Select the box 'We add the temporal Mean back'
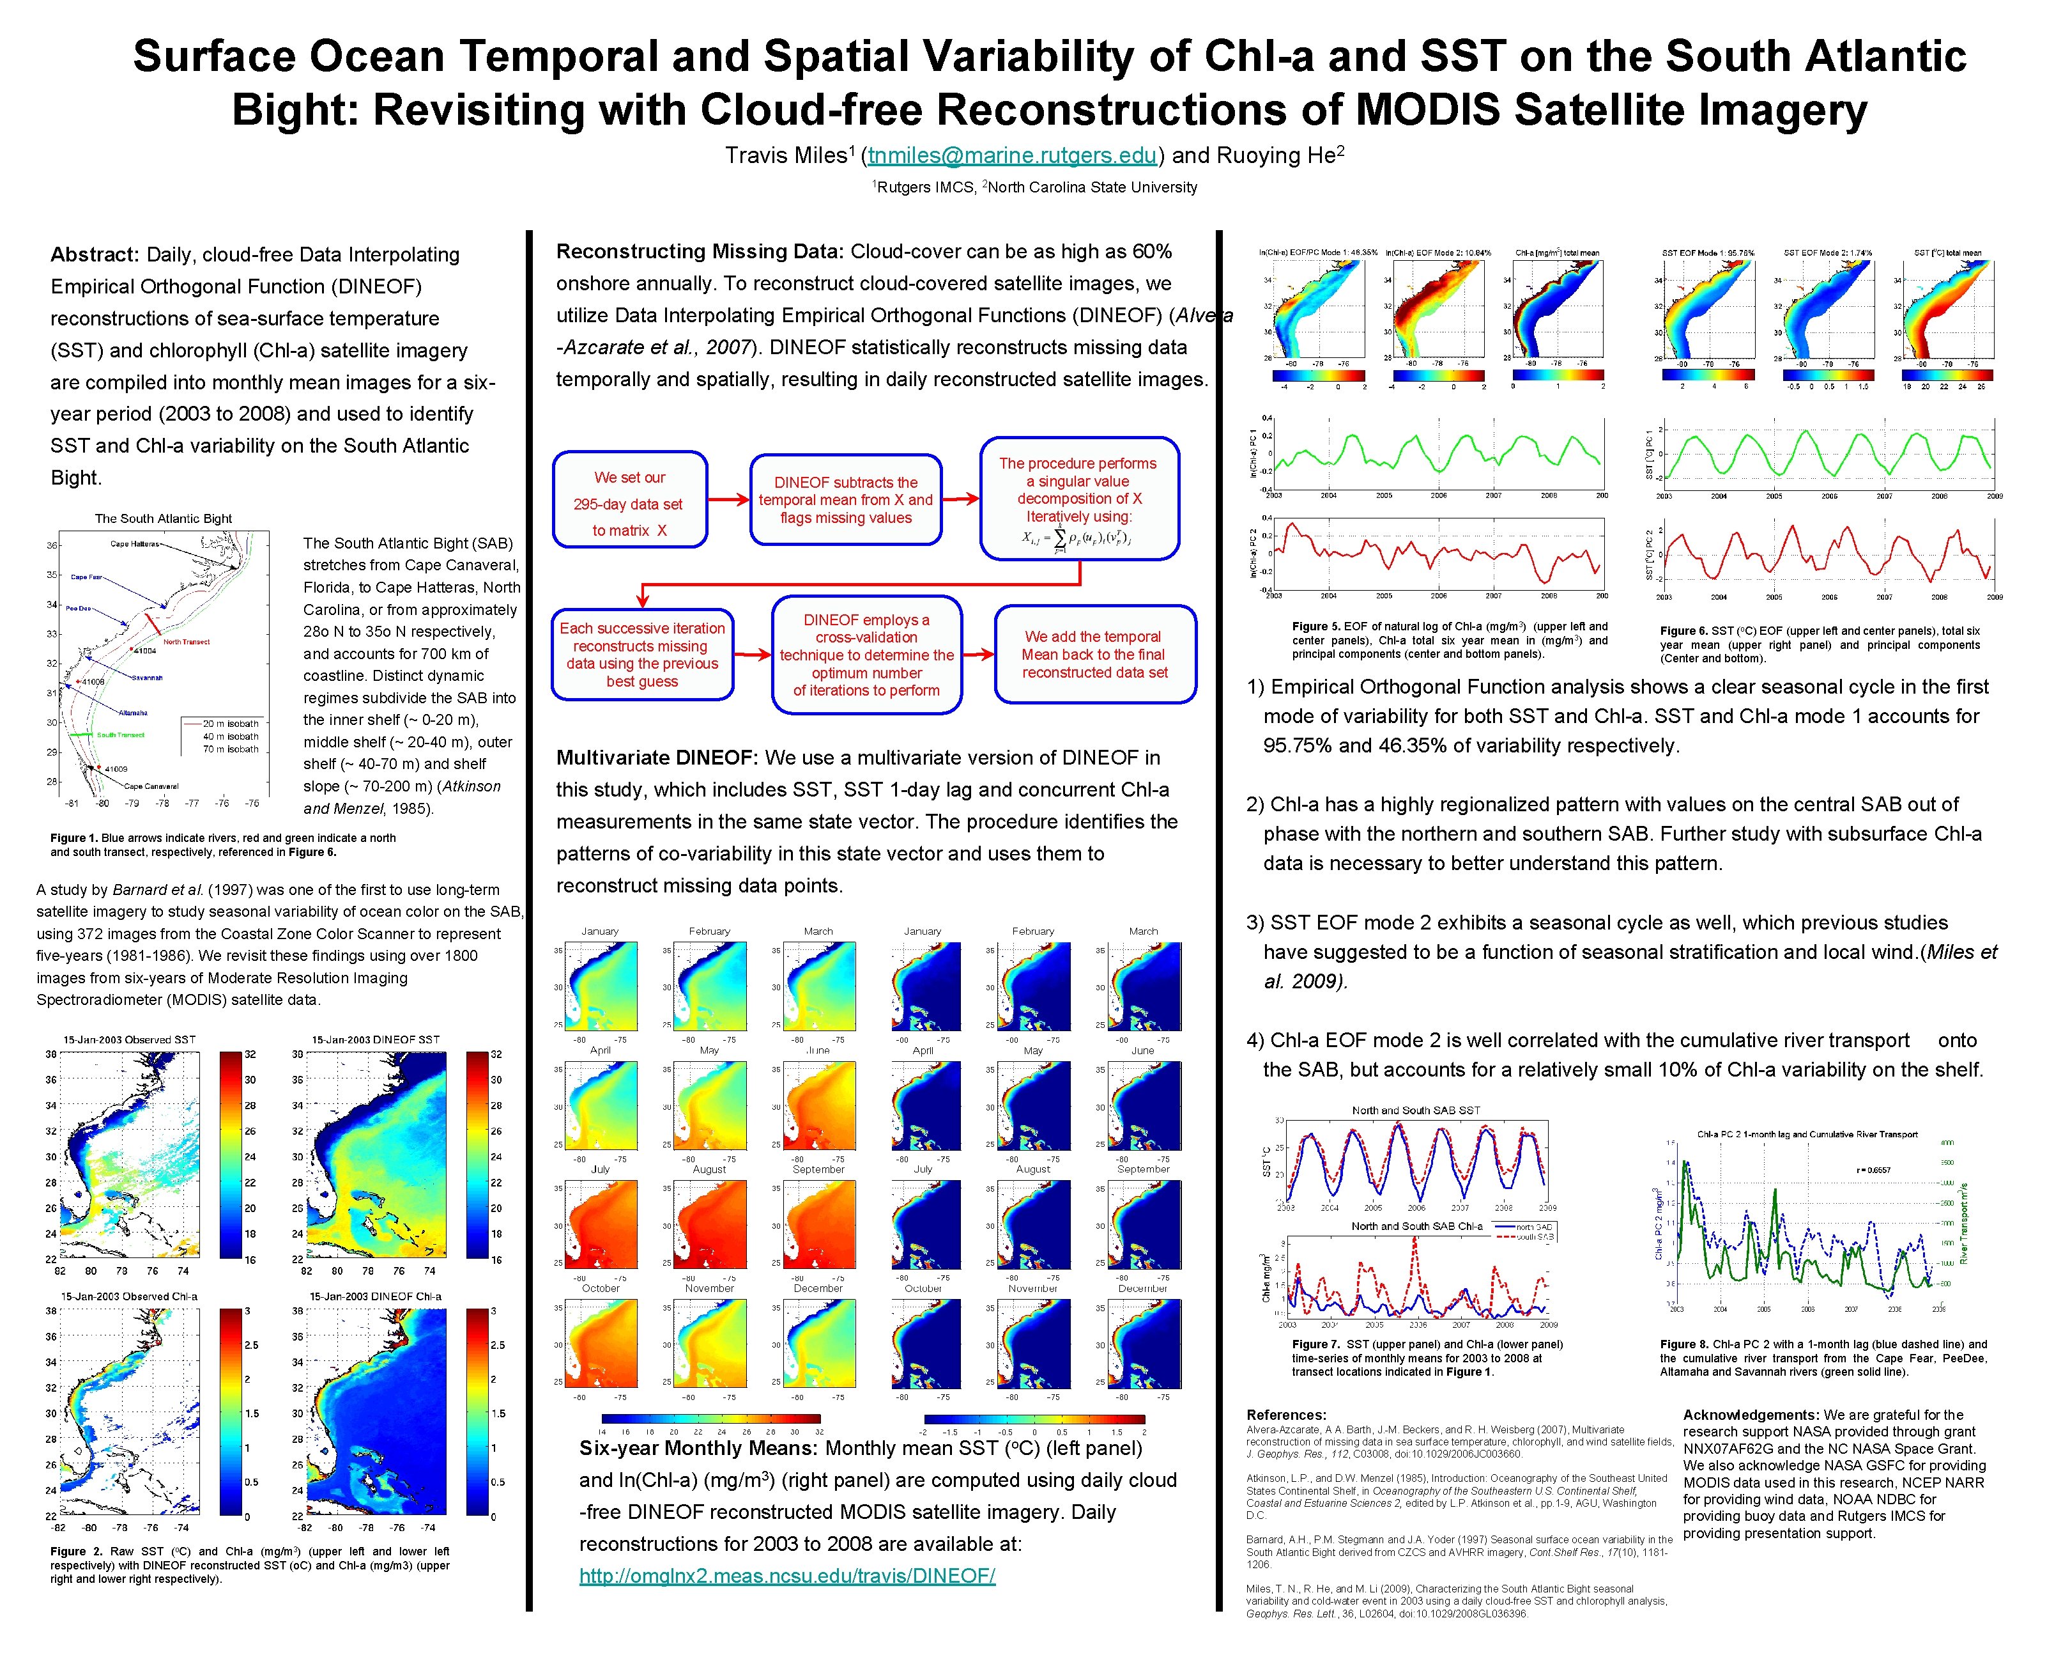click(x=1094, y=654)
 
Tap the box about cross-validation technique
click(x=866, y=655)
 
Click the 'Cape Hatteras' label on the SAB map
click(x=134, y=543)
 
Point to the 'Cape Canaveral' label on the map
click(x=151, y=786)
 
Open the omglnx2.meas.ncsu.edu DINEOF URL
click(x=786, y=1575)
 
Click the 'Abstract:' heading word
click(x=95, y=254)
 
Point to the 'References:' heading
click(x=1285, y=1414)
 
